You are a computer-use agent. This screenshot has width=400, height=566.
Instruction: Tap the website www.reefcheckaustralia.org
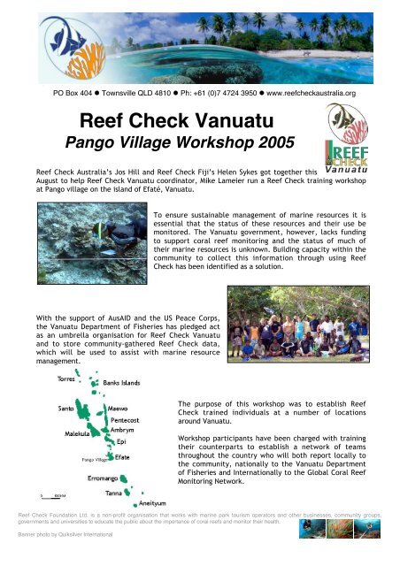tap(309, 91)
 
